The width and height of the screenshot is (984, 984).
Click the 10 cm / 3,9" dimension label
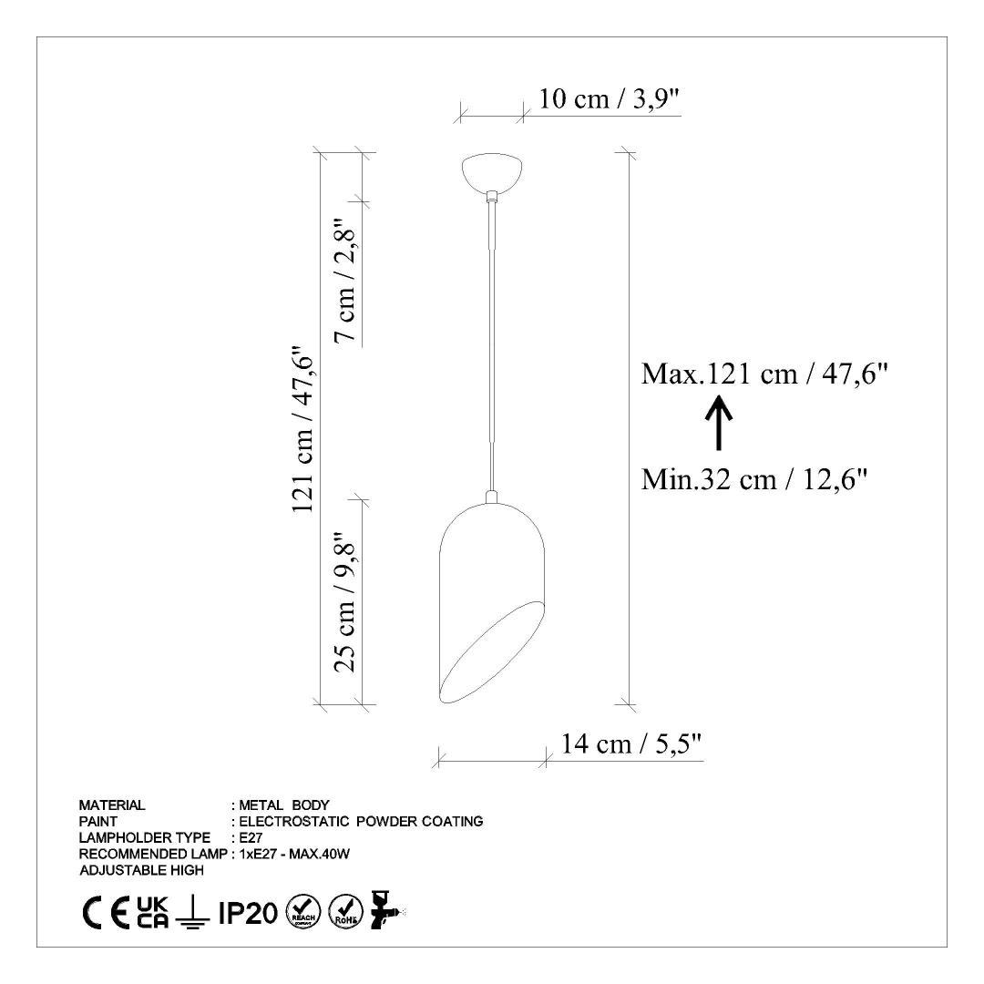coord(610,98)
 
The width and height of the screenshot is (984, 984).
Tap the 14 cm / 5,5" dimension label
coord(630,744)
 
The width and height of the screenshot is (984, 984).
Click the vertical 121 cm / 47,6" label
coord(302,430)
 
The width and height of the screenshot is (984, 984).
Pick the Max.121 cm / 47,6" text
coord(764,374)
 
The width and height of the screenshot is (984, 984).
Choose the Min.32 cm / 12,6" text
coord(753,480)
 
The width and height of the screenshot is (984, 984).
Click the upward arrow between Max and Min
coord(719,425)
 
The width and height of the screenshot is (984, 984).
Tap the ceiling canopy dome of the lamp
coord(493,172)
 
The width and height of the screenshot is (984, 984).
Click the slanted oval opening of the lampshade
coord(491,652)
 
